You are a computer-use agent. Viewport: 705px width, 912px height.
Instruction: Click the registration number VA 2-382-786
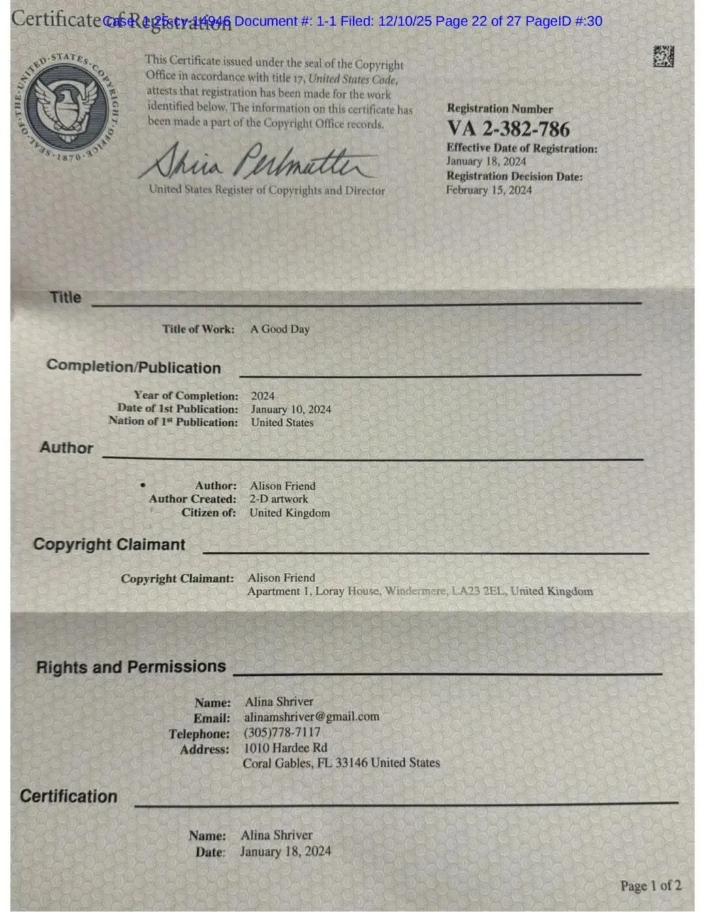pos(508,129)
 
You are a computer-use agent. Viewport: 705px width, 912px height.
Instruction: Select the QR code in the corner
pos(663,57)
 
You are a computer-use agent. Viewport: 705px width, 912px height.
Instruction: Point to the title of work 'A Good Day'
pos(280,329)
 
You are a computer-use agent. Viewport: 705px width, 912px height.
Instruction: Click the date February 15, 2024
pos(489,190)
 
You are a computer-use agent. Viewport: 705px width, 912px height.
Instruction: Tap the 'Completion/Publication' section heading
pos(133,367)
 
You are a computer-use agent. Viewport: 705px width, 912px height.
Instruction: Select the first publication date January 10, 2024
pos(291,409)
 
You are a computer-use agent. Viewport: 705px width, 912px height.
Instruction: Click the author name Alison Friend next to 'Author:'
pos(283,486)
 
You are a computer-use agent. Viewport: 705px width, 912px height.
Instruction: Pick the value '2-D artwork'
pos(279,499)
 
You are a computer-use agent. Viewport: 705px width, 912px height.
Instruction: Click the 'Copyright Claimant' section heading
pos(109,544)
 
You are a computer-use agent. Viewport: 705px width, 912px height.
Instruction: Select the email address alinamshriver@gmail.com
pos(311,716)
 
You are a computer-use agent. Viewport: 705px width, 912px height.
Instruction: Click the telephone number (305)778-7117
pos(282,732)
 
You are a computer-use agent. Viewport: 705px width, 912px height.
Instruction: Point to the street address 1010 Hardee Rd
pos(285,748)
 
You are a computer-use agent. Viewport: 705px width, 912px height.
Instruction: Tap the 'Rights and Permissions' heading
pos(131,667)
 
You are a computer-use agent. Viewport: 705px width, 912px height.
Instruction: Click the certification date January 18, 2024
pos(285,851)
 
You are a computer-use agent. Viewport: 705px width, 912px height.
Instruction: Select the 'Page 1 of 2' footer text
pos(651,885)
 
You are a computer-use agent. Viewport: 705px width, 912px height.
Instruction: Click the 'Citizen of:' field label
pos(209,513)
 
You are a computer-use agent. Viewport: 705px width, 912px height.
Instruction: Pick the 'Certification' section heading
pos(69,796)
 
